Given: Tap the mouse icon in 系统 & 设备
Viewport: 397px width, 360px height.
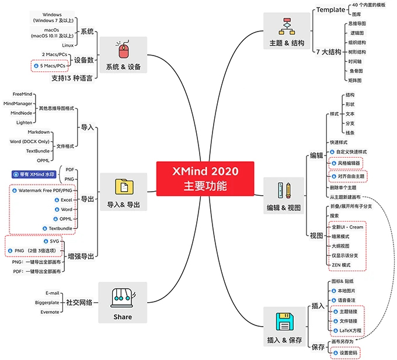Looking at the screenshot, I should coord(123,50).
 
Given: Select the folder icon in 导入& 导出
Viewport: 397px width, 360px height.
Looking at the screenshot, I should coord(123,186).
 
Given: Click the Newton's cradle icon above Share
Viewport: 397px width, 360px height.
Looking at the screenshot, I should coord(123,297).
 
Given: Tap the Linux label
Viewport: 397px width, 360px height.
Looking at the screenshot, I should coord(68,45).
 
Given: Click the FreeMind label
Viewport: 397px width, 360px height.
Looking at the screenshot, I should coord(22,94).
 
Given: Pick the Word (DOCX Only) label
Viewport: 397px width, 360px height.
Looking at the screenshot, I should coord(33,141).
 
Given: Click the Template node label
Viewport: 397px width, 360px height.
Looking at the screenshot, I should coord(330,10).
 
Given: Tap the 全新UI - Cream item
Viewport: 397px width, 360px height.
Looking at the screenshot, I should coord(347,227).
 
